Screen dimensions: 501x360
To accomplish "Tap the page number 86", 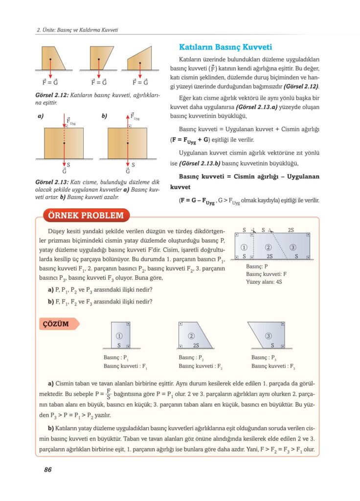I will pyautogui.click(x=47, y=469).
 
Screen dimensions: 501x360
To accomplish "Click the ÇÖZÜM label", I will pyautogui.click(x=55, y=324).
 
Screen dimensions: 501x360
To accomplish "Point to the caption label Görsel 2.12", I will pyautogui.click(x=53, y=95).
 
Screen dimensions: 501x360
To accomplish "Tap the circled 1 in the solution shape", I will pyautogui.click(x=119, y=336).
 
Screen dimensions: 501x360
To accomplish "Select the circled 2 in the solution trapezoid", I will pyautogui.click(x=191, y=336).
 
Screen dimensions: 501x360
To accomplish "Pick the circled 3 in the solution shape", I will pyautogui.click(x=269, y=336).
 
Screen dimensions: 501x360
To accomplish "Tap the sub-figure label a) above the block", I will pyautogui.click(x=40, y=117).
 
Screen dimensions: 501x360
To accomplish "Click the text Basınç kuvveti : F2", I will pyautogui.click(x=201, y=365).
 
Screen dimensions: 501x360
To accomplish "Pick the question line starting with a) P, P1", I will pyautogui.click(x=100, y=290).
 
